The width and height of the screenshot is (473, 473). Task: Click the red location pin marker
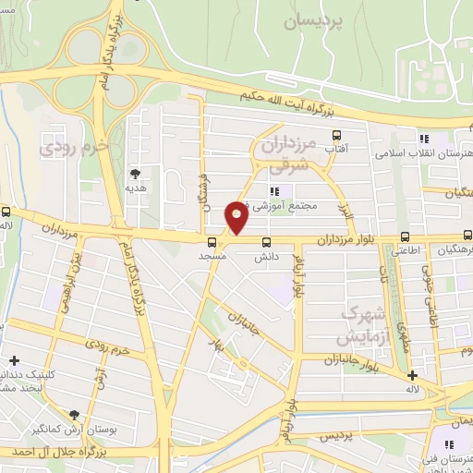click(x=236, y=216)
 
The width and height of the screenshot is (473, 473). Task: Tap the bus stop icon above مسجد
click(x=212, y=242)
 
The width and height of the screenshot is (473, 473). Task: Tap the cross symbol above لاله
click(x=413, y=375)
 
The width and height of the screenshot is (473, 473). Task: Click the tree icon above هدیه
click(x=136, y=173)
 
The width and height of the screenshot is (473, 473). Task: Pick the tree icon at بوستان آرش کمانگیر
click(x=74, y=415)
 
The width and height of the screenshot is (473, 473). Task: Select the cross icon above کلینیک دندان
click(x=13, y=360)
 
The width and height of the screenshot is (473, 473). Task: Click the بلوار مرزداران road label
click(x=345, y=240)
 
